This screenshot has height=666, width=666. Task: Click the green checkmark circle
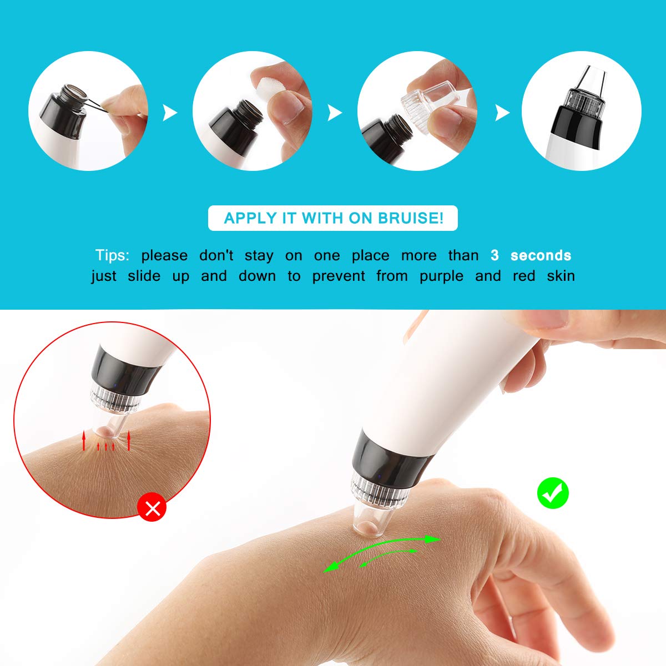[553, 493]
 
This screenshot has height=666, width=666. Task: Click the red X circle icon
[152, 508]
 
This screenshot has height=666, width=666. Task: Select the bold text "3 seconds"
[531, 255]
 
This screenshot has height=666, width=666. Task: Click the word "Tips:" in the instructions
[112, 255]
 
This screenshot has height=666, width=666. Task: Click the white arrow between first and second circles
[169, 113]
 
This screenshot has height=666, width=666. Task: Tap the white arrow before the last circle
[502, 113]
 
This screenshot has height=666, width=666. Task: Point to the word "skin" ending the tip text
[561, 276]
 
